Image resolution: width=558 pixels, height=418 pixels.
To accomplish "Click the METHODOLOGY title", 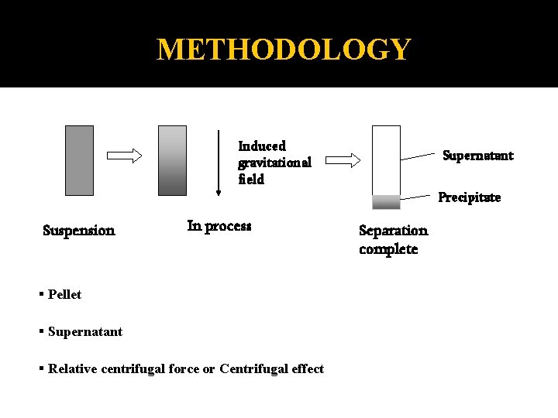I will [283, 50].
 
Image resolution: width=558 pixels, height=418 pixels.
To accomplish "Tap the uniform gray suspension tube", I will [79, 160].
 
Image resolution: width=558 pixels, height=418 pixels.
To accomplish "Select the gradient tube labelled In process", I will [172, 160].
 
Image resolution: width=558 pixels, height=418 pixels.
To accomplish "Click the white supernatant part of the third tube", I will [386, 159].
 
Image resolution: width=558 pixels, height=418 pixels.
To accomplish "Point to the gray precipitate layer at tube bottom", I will [386, 202].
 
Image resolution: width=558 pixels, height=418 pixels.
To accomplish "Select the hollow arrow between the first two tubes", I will [124, 156].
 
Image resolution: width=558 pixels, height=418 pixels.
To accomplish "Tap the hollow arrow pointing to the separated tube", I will [343, 160].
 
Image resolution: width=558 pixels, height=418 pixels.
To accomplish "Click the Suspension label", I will [78, 230].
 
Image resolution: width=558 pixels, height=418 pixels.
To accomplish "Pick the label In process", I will [219, 226].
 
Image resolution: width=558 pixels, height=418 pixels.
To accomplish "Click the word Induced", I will [262, 146].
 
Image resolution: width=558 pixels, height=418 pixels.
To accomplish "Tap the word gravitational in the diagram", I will [274, 163].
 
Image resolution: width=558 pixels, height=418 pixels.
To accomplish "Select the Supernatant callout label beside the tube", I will [477, 156].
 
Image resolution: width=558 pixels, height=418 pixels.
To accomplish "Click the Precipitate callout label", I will [470, 197].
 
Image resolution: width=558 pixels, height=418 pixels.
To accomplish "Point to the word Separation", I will [393, 230].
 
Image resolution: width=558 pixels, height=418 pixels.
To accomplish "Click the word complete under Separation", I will [388, 249].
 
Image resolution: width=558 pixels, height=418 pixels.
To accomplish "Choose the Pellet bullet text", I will [64, 294].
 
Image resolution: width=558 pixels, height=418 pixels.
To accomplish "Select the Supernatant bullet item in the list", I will [84, 331].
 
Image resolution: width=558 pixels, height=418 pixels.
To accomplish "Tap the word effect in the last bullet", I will [307, 368].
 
